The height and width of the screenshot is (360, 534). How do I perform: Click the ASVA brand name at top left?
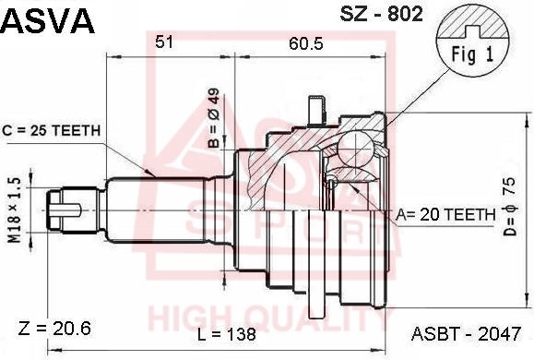pyautogui.click(x=48, y=20)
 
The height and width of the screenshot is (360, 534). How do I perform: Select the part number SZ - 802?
pyautogui.click(x=381, y=14)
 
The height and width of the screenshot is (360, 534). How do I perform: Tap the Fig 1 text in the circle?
pyautogui.click(x=472, y=54)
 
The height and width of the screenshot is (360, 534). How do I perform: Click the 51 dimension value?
pyautogui.click(x=164, y=42)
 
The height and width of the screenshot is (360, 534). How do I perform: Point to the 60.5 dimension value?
pyautogui.click(x=306, y=43)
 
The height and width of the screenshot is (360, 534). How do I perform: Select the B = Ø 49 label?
pyautogui.click(x=215, y=118)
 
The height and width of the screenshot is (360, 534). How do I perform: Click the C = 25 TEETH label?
pyautogui.click(x=52, y=130)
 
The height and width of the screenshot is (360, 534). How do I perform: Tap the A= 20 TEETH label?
pyautogui.click(x=445, y=214)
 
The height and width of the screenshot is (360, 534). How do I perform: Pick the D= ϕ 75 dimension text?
pyautogui.click(x=510, y=208)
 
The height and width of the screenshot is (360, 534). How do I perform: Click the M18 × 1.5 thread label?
pyautogui.click(x=15, y=210)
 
